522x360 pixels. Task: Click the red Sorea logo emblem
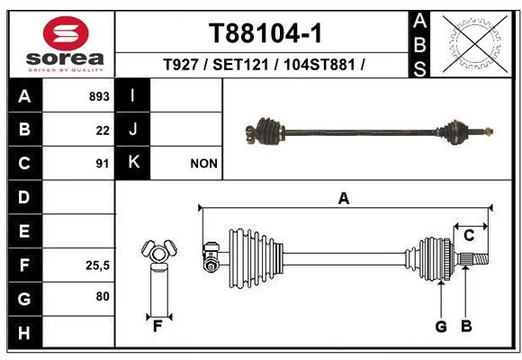pos(66,33)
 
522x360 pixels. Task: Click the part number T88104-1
pos(265,33)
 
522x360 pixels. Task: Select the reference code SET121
pos(240,64)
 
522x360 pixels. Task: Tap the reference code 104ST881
pos(319,64)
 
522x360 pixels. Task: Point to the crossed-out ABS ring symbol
pos(475,44)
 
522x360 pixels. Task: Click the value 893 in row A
pos(99,96)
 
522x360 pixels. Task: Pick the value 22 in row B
pos(103,130)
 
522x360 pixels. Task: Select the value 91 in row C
pos(103,164)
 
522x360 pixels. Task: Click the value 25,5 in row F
pos(97,265)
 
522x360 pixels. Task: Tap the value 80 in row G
pos(103,296)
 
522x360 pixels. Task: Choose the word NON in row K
pos(203,164)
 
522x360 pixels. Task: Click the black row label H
pos(25,332)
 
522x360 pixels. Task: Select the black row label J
pos(132,130)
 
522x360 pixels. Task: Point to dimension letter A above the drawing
pos(344,199)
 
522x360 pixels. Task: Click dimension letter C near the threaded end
pos(469,236)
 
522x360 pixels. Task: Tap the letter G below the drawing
pos(441,327)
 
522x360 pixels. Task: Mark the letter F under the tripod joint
pos(157,327)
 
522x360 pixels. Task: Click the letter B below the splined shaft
pos(466,327)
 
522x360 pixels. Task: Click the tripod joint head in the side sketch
pos(159,251)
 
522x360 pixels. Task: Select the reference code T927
pos(181,64)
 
